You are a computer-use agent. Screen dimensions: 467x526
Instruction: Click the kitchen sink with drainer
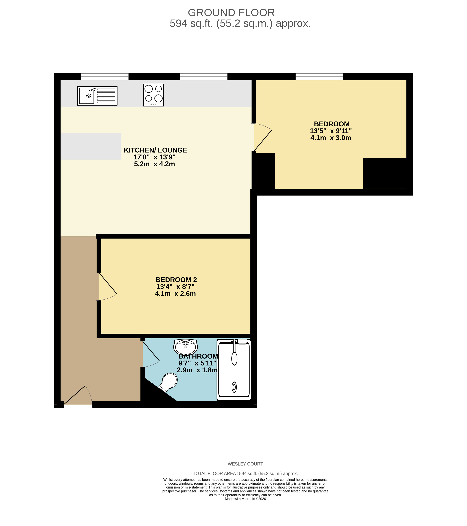coord(97,96)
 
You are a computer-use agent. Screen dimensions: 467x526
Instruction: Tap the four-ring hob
coord(153,95)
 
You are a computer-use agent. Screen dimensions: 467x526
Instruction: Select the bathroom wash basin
coord(186,346)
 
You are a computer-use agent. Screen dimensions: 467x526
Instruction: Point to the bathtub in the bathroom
coord(234,369)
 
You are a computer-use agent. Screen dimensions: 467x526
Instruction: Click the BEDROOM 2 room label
coord(176,280)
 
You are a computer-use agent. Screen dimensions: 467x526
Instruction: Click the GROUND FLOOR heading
coord(231,13)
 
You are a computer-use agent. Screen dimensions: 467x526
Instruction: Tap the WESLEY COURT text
coord(245,464)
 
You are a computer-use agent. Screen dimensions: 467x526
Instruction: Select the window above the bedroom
coord(319,77)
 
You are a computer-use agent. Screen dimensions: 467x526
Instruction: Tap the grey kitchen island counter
coord(91,146)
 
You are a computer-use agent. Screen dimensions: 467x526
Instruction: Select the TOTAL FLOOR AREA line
coord(245,473)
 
